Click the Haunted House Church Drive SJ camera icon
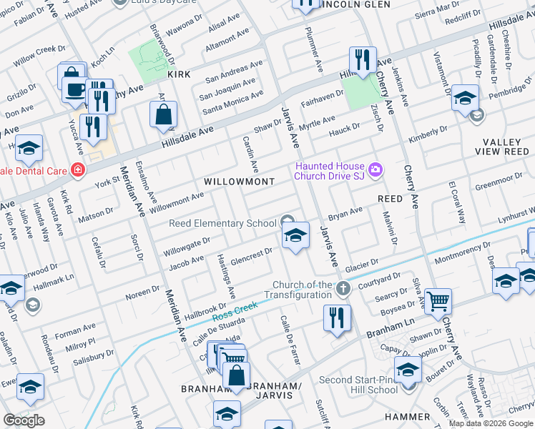[x=376, y=170]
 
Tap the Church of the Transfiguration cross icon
[x=343, y=288]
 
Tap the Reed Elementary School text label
[x=222, y=223]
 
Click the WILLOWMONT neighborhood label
[x=239, y=182]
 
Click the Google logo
[x=24, y=420]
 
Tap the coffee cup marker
[x=75, y=89]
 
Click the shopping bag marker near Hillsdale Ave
[x=164, y=113]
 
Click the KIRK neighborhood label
[x=178, y=74]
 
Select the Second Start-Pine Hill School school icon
[x=408, y=371]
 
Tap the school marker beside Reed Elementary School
[x=295, y=235]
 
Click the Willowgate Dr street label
[x=185, y=247]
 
